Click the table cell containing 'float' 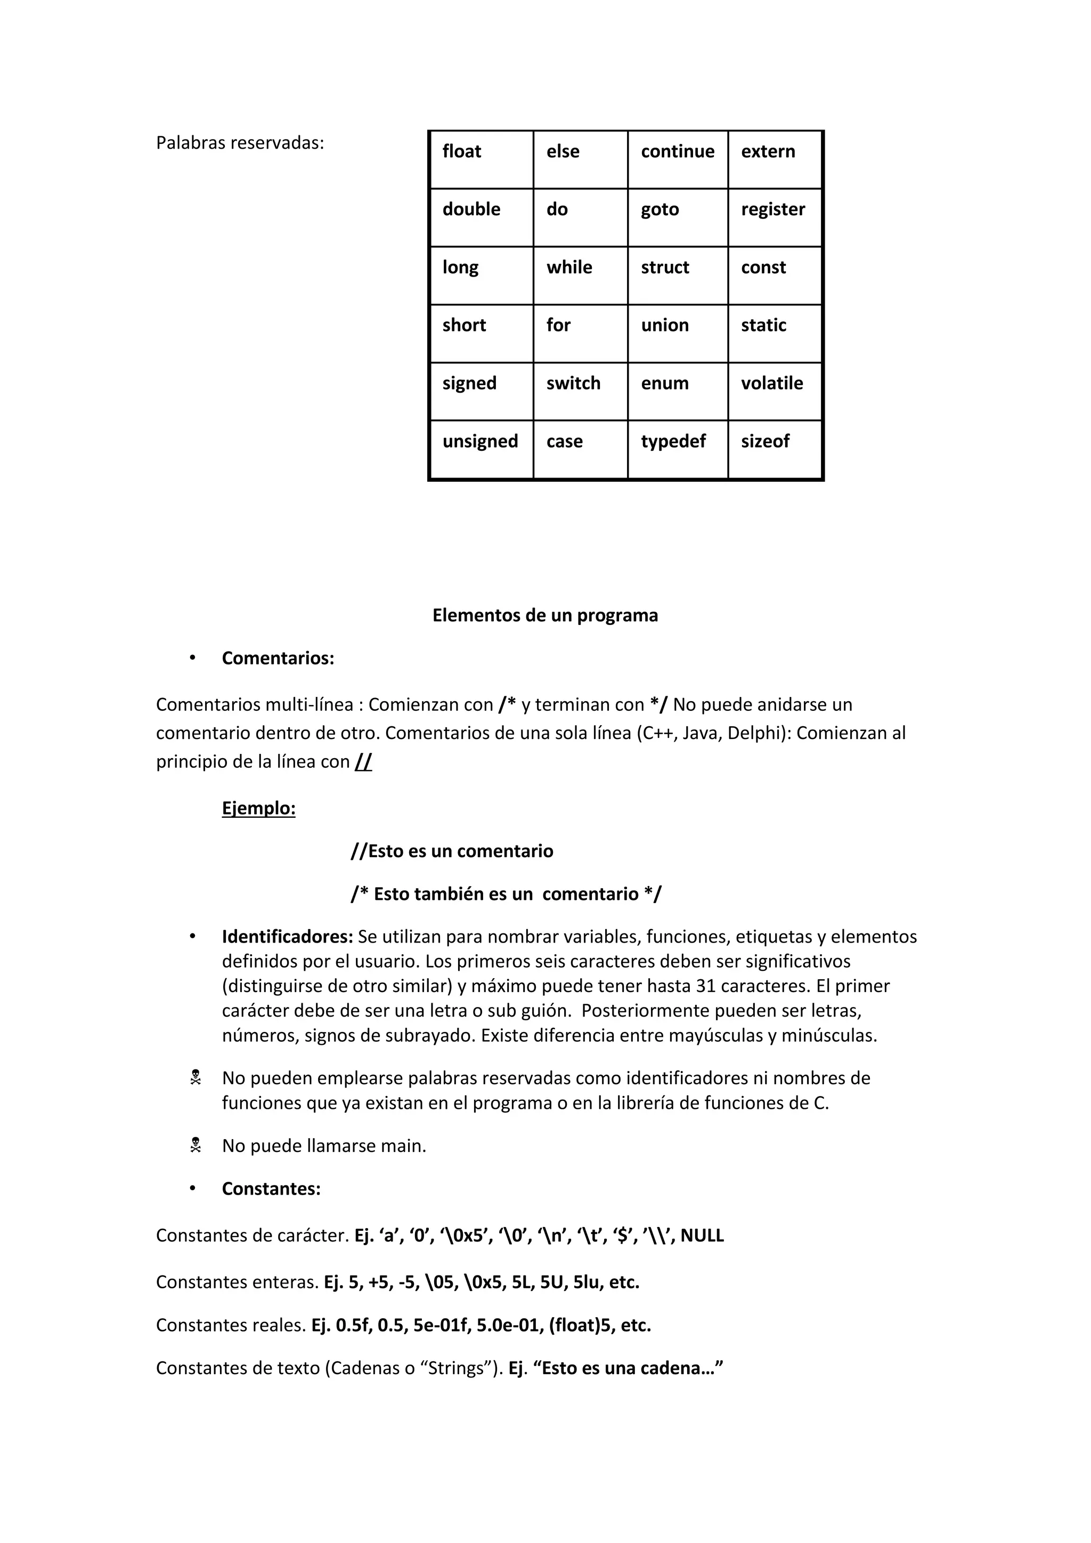click(481, 159)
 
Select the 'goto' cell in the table click(677, 217)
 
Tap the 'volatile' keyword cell click(775, 391)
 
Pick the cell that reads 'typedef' click(677, 449)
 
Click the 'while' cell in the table click(580, 275)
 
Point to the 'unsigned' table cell click(481, 449)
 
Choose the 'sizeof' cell click(775, 449)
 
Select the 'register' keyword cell click(775, 217)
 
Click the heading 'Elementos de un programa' click(545, 615)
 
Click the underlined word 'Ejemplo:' click(259, 808)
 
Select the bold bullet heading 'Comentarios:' click(278, 658)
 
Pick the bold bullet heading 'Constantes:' click(271, 1188)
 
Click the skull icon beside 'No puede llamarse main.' click(196, 1145)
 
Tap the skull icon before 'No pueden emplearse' click(196, 1078)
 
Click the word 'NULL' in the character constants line click(702, 1235)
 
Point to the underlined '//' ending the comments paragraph click(363, 761)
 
